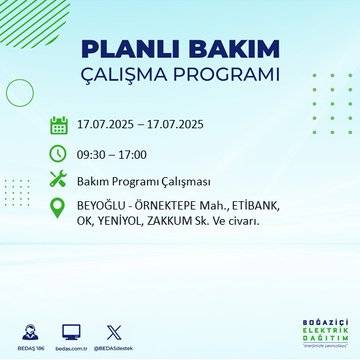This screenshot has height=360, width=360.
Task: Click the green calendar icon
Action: (58, 126)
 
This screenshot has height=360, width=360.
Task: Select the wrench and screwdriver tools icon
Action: (58, 180)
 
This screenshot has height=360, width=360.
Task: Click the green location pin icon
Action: (58, 210)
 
